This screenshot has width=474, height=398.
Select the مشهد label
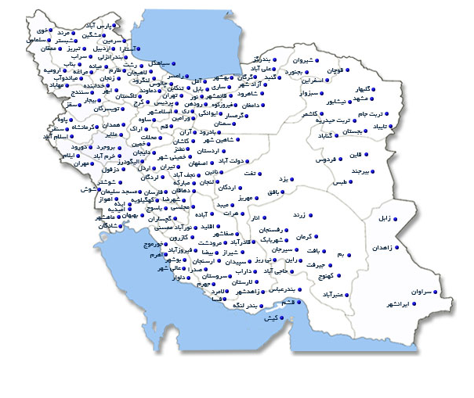pos(364,99)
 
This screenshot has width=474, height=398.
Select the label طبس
pos(339,182)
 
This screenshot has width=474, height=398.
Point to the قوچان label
pos(335,70)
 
